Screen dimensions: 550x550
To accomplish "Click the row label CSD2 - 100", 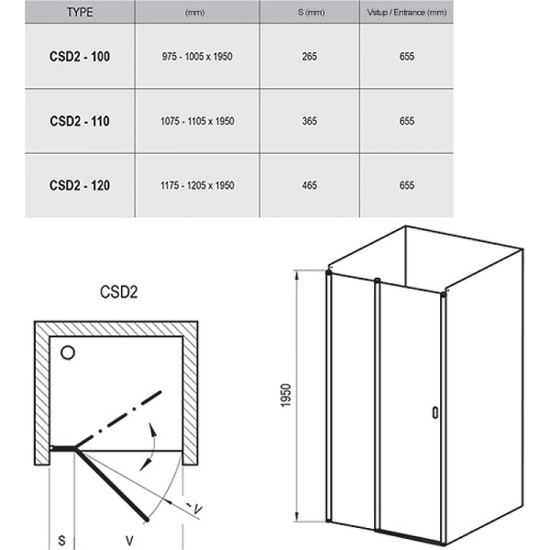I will [x=79, y=57].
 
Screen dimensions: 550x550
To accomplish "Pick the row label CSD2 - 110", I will [x=79, y=121].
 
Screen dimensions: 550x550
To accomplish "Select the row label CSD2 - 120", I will [x=79, y=185].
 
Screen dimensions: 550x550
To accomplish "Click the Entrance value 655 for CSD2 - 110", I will [x=407, y=121].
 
